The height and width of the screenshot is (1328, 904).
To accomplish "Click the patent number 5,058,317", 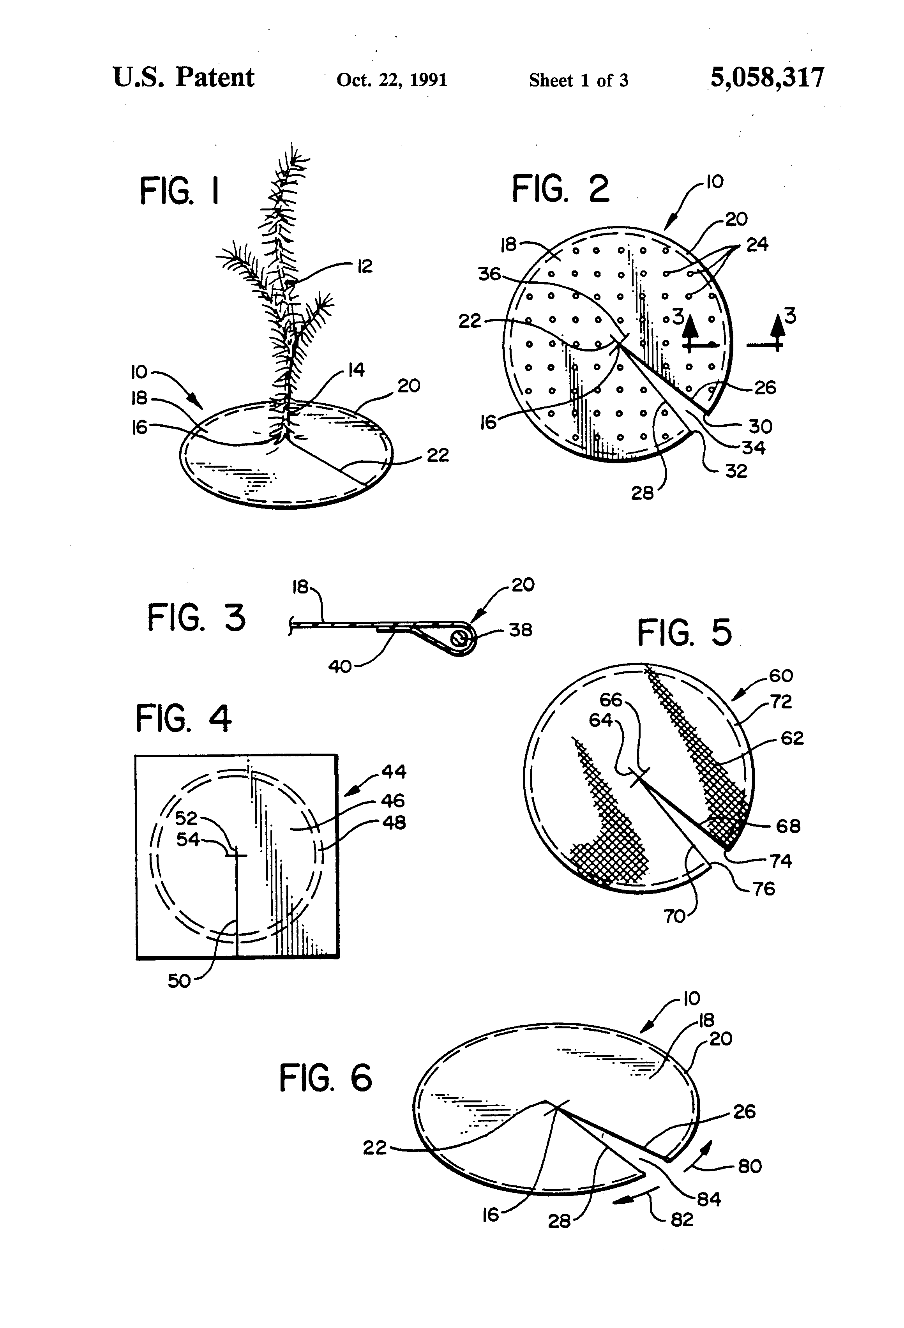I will [x=767, y=78].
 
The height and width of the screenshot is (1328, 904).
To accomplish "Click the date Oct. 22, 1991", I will [x=392, y=79].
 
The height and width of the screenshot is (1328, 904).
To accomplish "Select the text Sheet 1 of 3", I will [x=578, y=80].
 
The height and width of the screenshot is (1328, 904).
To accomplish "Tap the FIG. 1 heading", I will [x=179, y=191].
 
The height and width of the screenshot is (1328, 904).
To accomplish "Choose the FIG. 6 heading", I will [x=325, y=1078].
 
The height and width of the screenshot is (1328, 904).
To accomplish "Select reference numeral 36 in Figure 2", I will [x=489, y=274].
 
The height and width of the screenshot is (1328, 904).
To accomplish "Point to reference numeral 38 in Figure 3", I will [x=520, y=630].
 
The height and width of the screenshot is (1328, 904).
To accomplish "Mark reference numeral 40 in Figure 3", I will [x=340, y=666].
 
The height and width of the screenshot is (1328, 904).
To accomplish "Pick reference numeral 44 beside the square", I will [x=394, y=772].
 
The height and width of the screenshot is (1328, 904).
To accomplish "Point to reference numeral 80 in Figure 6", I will [x=750, y=1166].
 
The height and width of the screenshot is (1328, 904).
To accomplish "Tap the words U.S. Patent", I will [x=184, y=77].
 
